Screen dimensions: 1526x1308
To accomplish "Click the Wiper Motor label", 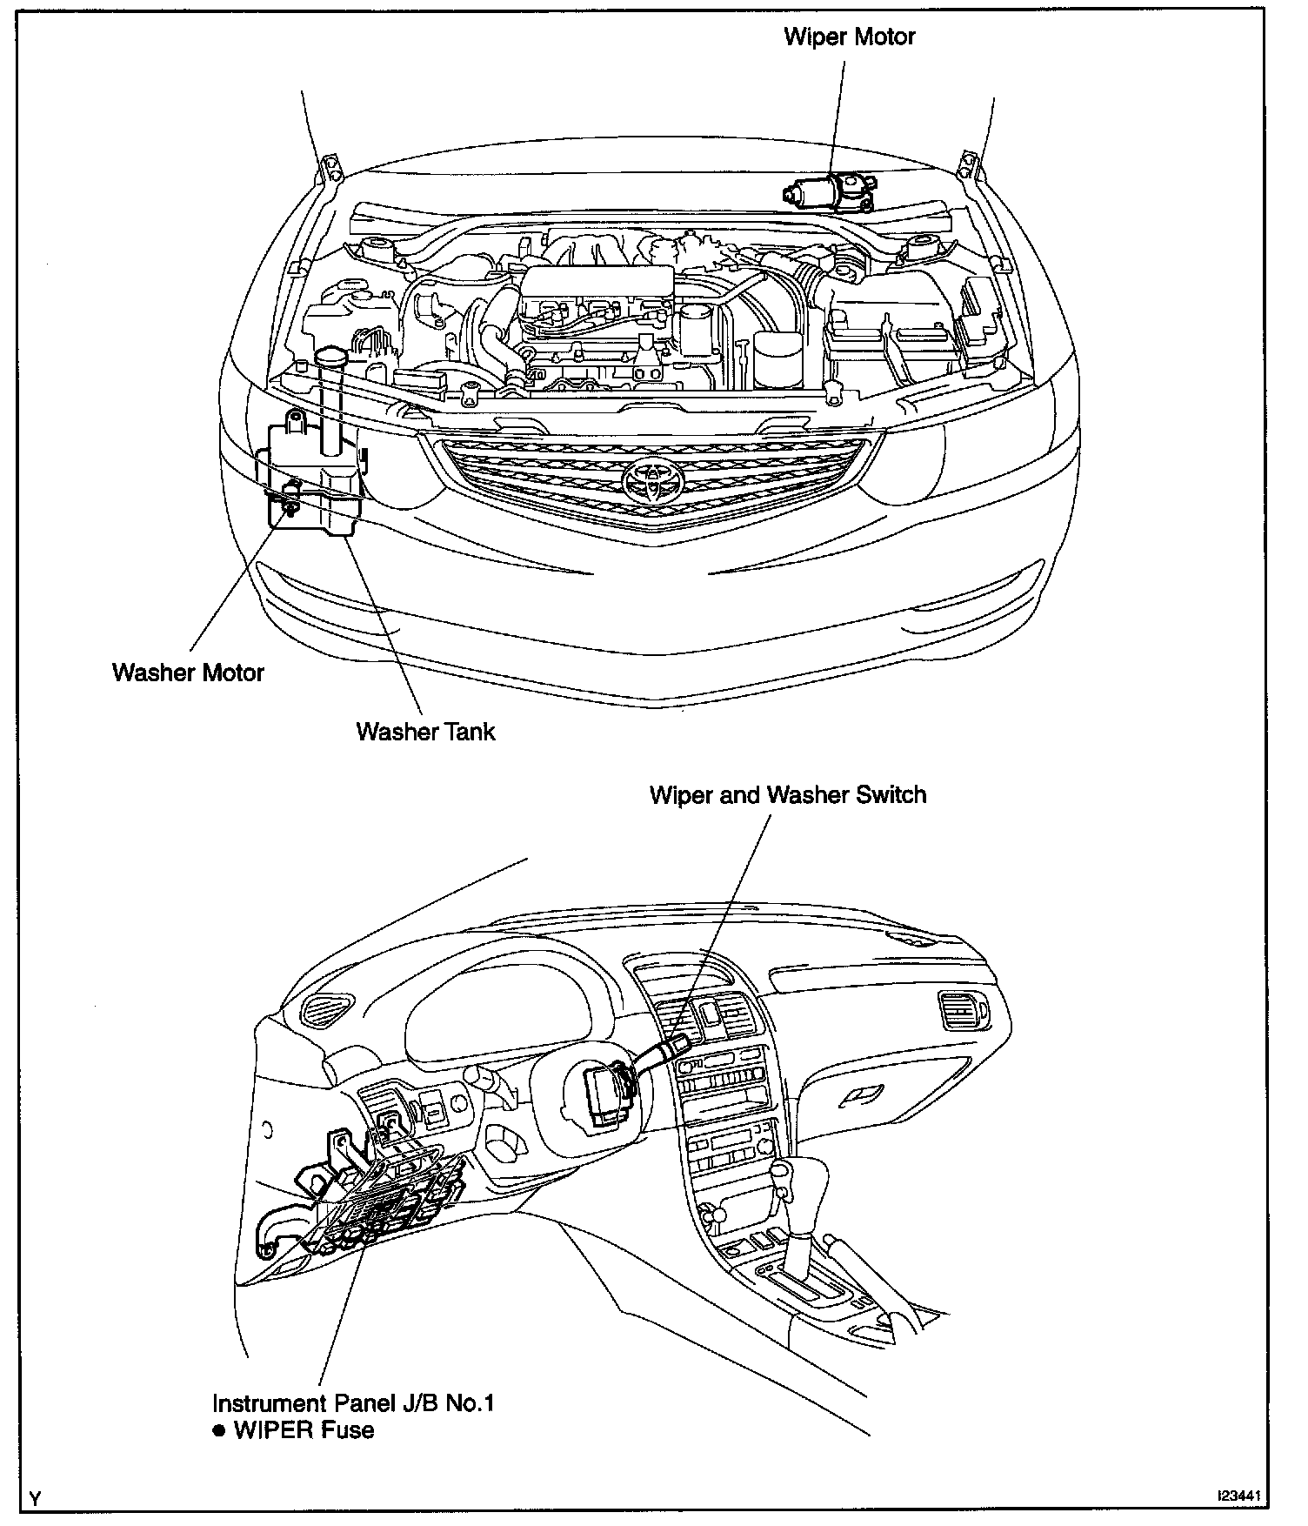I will tap(849, 37).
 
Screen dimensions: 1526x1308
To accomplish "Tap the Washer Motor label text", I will tap(188, 673).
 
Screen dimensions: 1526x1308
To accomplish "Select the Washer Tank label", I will tap(425, 731).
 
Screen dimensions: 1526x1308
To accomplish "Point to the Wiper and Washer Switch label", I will tap(788, 795).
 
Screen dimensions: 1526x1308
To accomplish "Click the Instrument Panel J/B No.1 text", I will tap(354, 1403).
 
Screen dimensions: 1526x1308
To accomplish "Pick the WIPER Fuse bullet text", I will tap(304, 1430).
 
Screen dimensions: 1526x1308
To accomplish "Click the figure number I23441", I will tap(1242, 1496).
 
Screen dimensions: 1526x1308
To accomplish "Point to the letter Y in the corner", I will tap(34, 1498).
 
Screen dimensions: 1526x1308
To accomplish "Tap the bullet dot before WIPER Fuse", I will tap(219, 1431).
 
